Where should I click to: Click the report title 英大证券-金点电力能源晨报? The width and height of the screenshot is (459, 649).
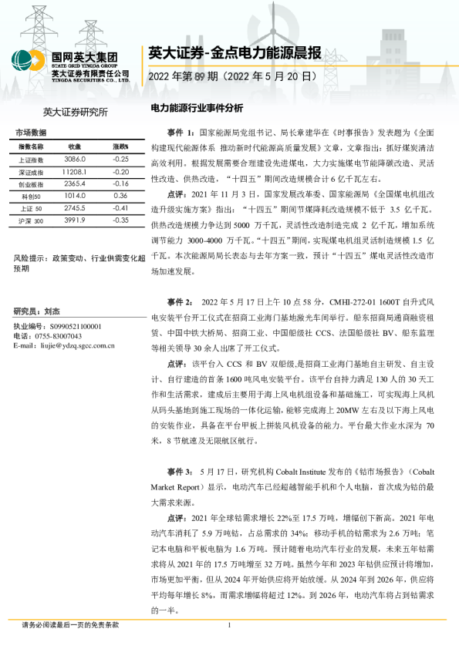click(x=235, y=53)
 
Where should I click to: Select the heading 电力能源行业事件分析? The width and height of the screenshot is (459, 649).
click(x=196, y=108)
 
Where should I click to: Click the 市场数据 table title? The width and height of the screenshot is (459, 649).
click(x=31, y=132)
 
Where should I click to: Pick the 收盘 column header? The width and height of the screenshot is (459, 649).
click(x=75, y=146)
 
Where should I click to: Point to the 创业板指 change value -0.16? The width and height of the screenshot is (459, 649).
click(x=120, y=183)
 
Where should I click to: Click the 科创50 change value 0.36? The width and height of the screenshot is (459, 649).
click(x=120, y=196)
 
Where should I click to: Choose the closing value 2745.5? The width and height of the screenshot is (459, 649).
click(x=75, y=208)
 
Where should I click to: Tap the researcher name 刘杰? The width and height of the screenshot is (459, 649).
click(x=52, y=311)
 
